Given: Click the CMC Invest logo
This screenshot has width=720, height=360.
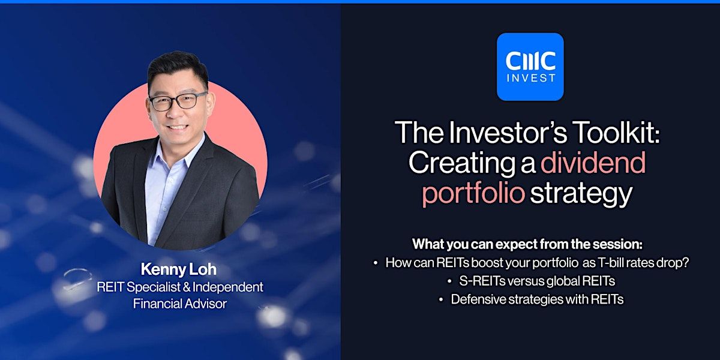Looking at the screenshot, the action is tap(530, 67).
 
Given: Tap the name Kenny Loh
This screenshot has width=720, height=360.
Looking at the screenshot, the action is tap(178, 269).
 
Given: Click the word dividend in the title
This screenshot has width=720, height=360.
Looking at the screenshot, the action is tap(593, 163).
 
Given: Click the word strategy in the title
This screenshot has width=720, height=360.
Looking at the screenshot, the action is tap(581, 193).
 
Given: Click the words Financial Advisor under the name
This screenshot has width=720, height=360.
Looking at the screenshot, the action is tap(180, 304).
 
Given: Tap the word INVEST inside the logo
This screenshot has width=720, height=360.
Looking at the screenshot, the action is tap(530, 78).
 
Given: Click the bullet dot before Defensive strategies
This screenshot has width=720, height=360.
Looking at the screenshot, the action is tap(441, 300).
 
